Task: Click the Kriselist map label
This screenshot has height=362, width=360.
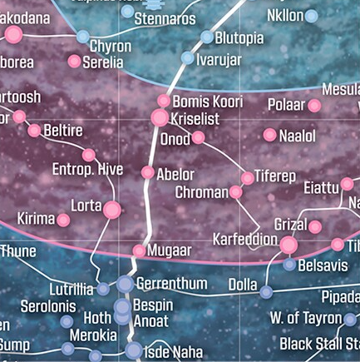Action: coord(195,119)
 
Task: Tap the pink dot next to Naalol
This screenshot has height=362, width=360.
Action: coord(269,135)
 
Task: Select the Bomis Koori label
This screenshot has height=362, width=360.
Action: coord(207,102)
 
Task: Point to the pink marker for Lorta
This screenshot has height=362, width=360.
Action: coord(111,209)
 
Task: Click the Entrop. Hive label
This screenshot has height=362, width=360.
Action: coord(87,170)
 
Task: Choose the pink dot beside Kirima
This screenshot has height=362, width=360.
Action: coord(63,220)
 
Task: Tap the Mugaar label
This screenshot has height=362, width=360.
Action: coord(170,250)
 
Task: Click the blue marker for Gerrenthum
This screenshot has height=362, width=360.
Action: coord(125,285)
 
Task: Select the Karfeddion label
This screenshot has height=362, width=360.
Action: coord(244,240)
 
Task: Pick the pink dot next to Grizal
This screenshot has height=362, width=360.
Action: coord(315,226)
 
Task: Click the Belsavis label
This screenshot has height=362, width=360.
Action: coord(323,265)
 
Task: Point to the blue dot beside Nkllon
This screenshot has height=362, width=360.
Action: coord(311,16)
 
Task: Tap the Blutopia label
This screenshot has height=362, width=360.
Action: coord(239,37)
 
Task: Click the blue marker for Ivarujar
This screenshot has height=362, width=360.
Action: coord(188,58)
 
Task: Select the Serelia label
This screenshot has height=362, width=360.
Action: coord(103,62)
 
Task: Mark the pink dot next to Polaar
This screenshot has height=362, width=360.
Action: coord(314,106)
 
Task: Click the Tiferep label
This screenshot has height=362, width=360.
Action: coord(274,176)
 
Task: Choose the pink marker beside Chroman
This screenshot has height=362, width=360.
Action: coord(236,192)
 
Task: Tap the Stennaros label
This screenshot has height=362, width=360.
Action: coord(165,18)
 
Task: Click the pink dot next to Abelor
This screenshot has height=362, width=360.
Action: coord(148,173)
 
